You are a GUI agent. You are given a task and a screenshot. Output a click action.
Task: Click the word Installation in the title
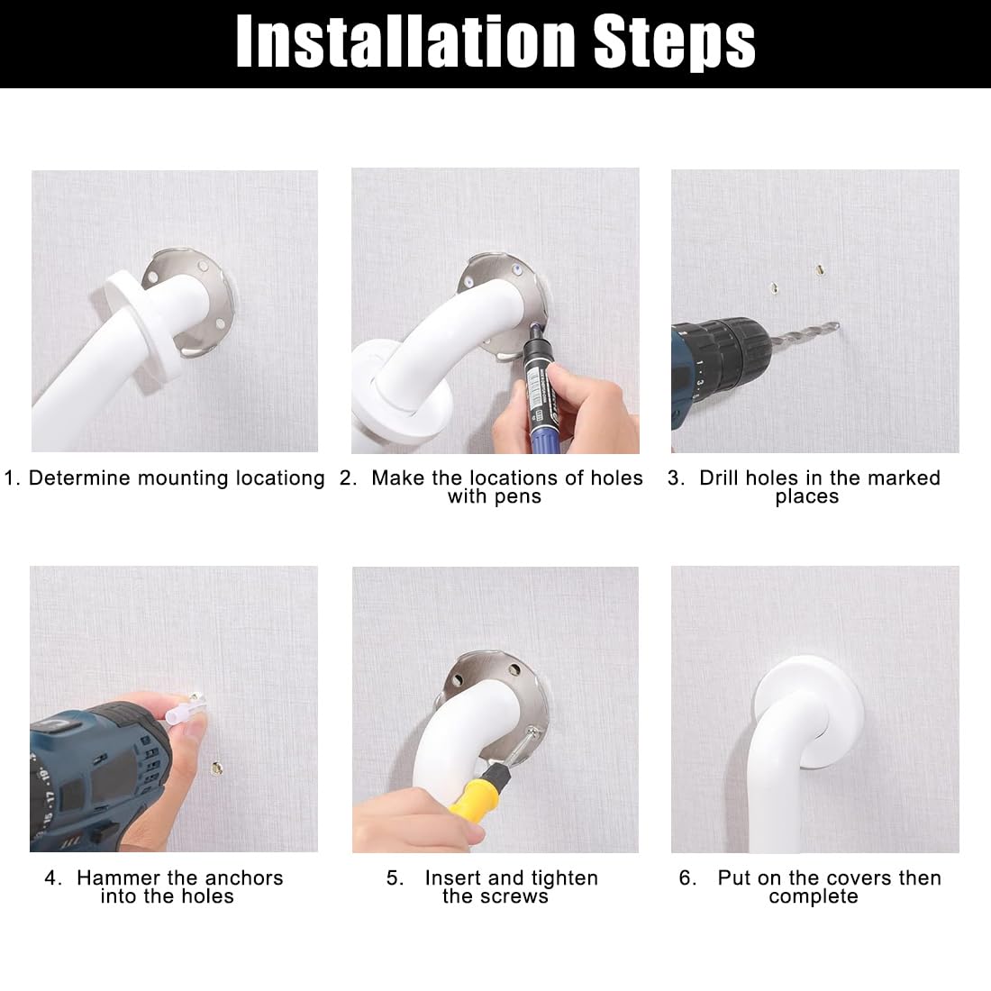405,41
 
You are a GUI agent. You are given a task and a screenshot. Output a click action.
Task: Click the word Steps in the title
675,42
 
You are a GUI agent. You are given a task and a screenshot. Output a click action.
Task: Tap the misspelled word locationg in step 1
280,478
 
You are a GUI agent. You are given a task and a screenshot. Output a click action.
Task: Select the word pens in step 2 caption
518,497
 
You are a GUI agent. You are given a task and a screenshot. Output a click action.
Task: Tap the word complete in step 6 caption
814,897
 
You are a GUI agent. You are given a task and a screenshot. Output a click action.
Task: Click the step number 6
685,877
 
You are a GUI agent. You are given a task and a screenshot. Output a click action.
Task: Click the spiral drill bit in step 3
804,336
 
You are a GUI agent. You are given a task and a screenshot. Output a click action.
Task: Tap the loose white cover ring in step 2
379,405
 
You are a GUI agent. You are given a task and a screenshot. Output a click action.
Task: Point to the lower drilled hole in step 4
217,768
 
